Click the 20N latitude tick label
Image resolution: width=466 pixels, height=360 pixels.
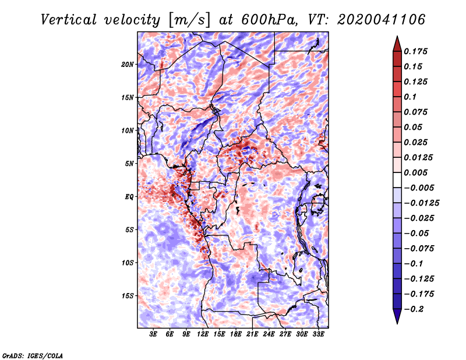point(128,64)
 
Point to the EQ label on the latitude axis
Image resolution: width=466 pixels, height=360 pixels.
point(129,196)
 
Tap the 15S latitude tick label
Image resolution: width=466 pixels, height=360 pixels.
point(128,296)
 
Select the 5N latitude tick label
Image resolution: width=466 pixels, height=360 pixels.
point(129,164)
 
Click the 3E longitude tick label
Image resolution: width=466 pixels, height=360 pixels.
point(153,334)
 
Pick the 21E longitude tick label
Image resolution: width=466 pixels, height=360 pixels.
point(252,334)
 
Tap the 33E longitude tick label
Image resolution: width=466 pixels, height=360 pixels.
point(318,334)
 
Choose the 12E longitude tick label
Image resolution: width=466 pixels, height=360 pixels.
point(203,334)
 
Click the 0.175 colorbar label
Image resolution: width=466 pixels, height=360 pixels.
point(415,51)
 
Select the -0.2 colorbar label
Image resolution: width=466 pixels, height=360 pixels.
point(414,309)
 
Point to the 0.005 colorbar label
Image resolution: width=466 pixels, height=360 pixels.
point(415,172)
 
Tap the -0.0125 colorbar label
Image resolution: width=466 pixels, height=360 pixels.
point(421,203)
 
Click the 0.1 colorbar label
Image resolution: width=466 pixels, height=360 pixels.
point(410,97)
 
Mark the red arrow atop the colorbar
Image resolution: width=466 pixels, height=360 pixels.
point(397,44)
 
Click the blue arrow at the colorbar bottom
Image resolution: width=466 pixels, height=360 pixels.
point(397,316)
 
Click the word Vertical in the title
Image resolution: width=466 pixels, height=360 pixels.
point(68,20)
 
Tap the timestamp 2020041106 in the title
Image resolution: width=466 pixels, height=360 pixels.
point(382,20)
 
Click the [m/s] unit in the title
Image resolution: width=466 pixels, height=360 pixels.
point(189,20)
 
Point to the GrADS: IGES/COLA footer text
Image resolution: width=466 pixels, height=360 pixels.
point(33,355)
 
